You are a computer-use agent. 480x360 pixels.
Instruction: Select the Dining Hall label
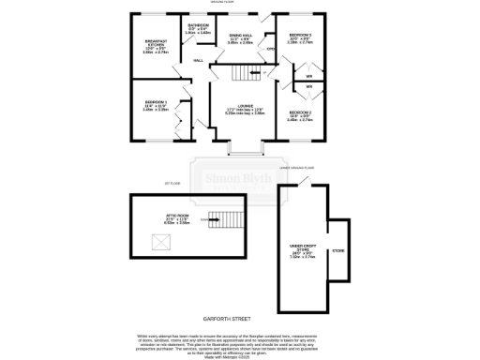pos(240,38)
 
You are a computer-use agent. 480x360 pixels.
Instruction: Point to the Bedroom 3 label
pos(300,37)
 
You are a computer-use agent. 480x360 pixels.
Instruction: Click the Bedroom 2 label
pos(299,115)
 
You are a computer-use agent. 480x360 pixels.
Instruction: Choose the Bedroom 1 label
pos(155,104)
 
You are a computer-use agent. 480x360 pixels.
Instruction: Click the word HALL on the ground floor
pos(199,60)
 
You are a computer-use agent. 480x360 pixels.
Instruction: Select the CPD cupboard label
pos(270,48)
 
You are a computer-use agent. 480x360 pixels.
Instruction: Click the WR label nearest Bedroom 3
pos(308,75)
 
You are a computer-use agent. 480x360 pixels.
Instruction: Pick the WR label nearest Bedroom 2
pos(308,87)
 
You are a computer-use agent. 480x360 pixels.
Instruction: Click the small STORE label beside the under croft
pos(338,250)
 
